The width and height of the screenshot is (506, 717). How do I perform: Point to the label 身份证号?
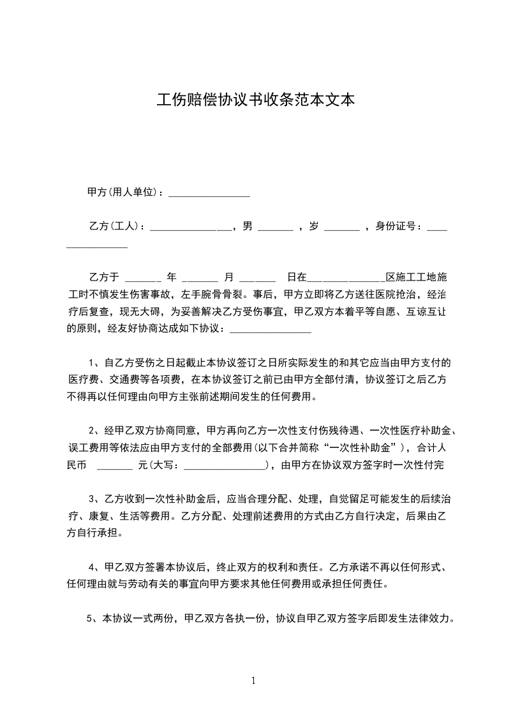pyautogui.click(x=396, y=226)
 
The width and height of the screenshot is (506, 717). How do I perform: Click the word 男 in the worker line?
pyautogui.click(x=248, y=226)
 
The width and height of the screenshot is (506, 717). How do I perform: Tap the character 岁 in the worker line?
pyautogui.click(x=313, y=226)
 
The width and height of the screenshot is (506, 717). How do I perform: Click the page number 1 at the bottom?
pyautogui.click(x=253, y=680)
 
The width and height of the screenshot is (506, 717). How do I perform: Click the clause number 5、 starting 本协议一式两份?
pyautogui.click(x=90, y=619)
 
